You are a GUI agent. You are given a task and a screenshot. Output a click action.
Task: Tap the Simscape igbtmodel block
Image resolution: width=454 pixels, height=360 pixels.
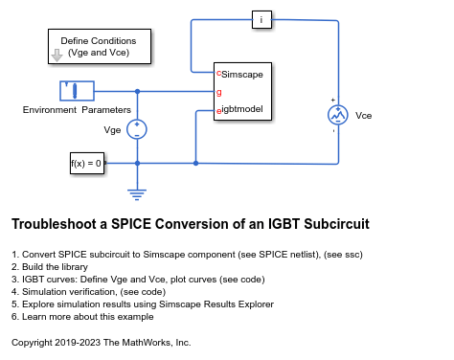tap(246, 92)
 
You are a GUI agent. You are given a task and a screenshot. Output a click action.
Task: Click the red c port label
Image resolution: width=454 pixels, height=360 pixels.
tap(218, 73)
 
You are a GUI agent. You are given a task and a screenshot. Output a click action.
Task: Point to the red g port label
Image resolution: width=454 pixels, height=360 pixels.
tap(219, 92)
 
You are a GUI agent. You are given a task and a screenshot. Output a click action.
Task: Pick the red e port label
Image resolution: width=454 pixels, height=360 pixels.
tap(218, 112)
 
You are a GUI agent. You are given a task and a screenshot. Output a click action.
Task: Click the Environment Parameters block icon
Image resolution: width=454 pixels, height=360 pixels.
tap(76, 92)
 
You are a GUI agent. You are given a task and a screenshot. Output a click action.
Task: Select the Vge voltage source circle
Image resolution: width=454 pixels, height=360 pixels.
tap(138, 129)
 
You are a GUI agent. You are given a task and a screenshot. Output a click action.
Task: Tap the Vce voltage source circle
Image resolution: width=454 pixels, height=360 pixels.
tap(337, 115)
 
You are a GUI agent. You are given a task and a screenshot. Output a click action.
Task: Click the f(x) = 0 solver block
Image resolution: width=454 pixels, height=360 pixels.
tap(86, 163)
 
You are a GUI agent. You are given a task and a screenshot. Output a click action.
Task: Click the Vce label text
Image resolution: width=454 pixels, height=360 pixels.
tap(363, 116)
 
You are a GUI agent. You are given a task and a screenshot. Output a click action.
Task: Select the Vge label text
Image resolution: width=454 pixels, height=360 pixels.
tap(113, 129)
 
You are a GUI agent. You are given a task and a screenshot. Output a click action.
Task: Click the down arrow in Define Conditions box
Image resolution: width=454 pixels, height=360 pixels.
tap(58, 56)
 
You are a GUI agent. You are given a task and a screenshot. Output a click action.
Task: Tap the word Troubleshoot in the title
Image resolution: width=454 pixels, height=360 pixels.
tap(47, 225)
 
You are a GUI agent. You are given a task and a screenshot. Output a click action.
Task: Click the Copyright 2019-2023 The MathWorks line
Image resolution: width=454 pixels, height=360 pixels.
tap(102, 342)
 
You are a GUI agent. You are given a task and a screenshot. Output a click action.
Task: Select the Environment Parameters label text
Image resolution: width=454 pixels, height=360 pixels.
tap(76, 110)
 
